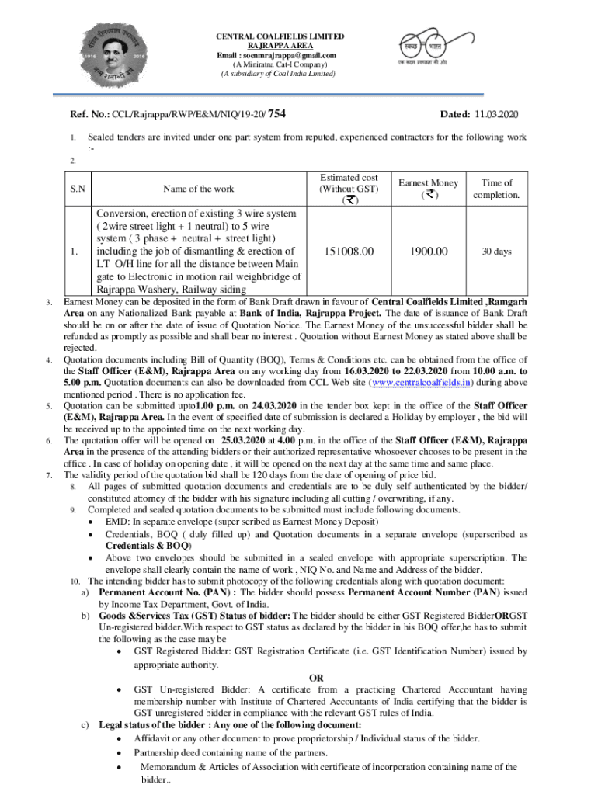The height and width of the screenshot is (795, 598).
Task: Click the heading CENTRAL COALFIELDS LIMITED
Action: [280, 36]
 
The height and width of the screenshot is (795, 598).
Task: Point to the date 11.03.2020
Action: [494, 116]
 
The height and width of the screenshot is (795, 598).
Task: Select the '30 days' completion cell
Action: [497, 252]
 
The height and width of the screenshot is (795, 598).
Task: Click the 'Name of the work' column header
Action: [198, 189]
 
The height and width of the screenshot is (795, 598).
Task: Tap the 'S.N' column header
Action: [78, 189]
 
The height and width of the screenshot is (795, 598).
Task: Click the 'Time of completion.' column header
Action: [497, 189]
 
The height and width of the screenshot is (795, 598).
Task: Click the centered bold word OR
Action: [316, 678]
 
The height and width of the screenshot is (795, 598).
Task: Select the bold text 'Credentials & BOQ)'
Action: [141, 546]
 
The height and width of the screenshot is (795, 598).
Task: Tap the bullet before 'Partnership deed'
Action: [118, 752]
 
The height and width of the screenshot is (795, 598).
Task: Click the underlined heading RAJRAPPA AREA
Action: [280, 46]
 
